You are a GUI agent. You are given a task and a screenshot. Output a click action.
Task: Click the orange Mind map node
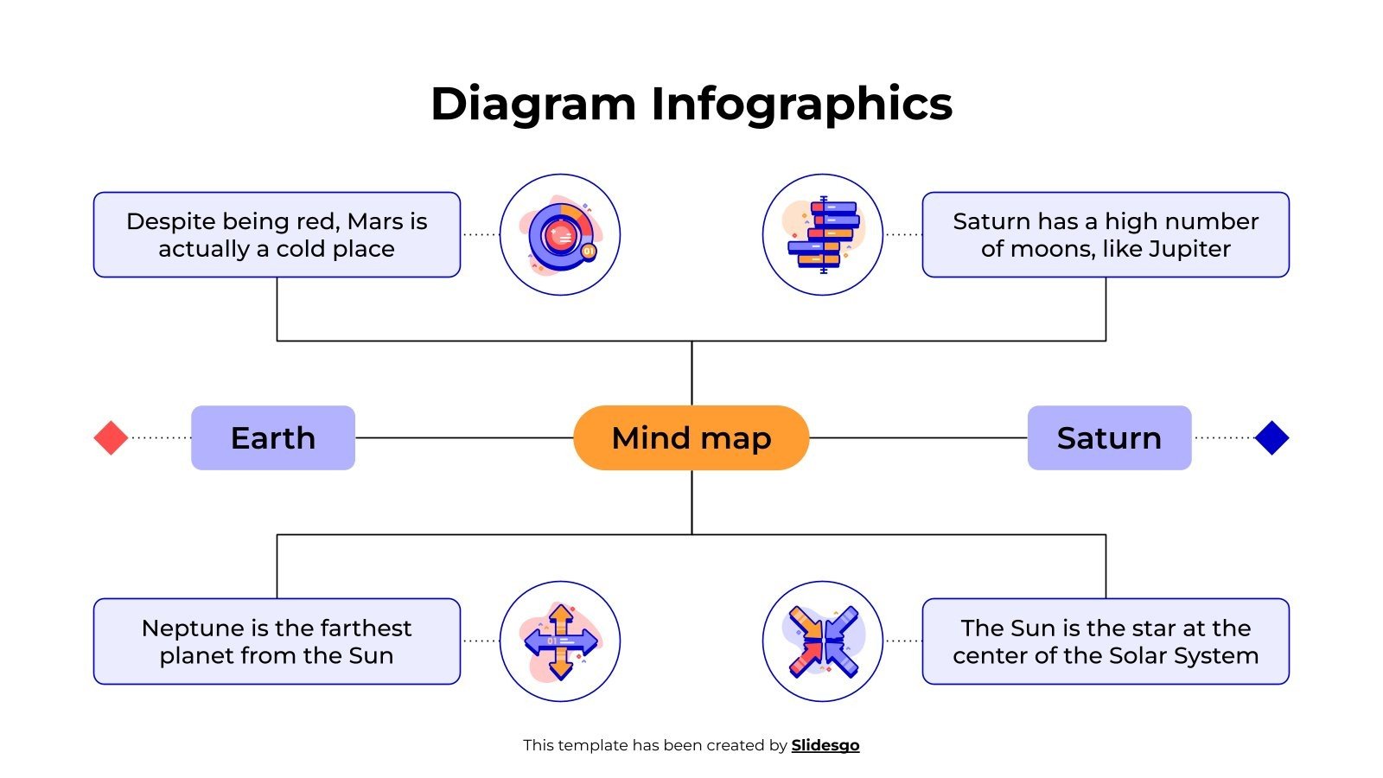pos(691,438)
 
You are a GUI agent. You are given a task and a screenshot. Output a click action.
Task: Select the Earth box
pos(272,438)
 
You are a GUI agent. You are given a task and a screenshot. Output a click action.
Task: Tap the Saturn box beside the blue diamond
pos(1109,438)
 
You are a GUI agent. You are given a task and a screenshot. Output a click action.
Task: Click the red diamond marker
pos(111,438)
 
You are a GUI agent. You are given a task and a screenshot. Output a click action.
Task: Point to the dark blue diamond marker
pos(1271,438)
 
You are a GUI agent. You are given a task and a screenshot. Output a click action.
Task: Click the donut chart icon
pos(560,235)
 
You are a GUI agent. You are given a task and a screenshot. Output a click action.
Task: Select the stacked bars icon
pos(823,235)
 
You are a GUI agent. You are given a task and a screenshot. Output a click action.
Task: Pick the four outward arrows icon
pos(560,641)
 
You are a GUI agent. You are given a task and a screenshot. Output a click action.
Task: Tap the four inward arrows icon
pos(823,641)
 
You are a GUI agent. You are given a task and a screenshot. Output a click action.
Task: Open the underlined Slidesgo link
pos(825,745)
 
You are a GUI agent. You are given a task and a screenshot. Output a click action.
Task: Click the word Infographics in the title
pos(801,105)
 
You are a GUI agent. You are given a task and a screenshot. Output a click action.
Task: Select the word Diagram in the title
pos(533,105)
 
